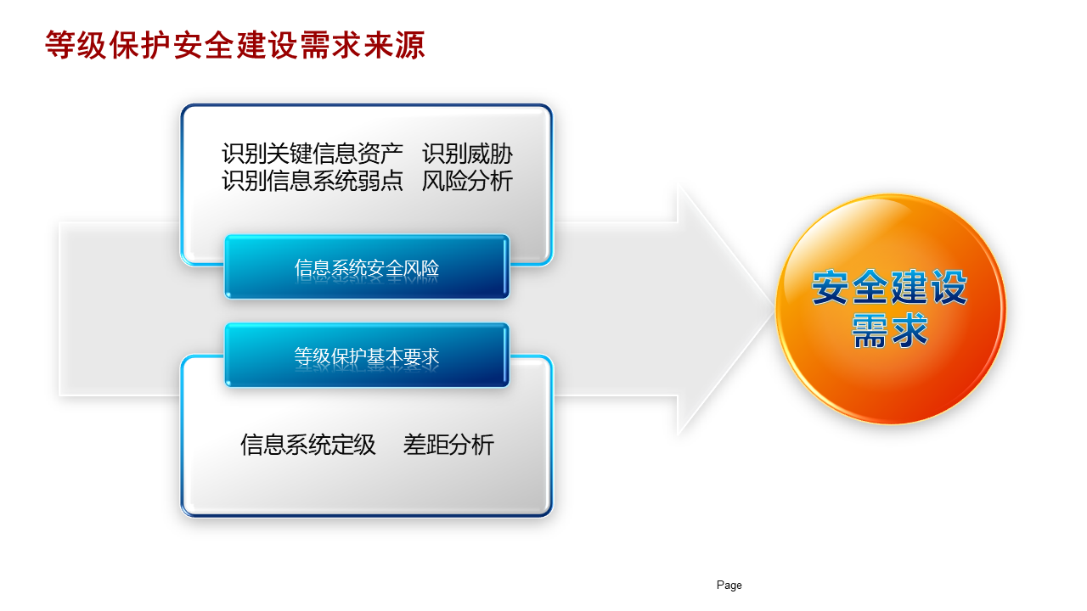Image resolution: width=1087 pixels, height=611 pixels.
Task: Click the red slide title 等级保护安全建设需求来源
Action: [x=235, y=45]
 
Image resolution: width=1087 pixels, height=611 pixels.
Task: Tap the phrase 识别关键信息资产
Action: [x=312, y=154]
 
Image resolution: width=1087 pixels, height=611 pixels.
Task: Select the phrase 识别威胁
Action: [x=467, y=154]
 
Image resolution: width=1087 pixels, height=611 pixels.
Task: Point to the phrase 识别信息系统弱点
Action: [x=312, y=181]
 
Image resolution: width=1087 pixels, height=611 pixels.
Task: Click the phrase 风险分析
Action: [x=467, y=181]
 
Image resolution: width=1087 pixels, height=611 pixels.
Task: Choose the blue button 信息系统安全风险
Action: [x=367, y=266]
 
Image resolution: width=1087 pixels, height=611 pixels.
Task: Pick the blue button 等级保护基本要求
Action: [x=367, y=355]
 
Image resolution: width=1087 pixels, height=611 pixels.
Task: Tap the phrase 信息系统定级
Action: [x=308, y=445]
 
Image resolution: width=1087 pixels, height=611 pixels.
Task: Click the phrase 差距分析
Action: [x=448, y=445]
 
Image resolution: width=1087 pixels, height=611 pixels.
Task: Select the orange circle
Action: [x=891, y=310]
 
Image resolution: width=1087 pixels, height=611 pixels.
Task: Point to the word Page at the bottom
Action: [x=729, y=586]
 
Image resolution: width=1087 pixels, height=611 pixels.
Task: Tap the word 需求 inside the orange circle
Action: [x=890, y=331]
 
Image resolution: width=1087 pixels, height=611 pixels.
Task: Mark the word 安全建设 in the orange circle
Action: [x=890, y=288]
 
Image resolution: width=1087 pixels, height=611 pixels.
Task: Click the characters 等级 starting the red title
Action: [x=76, y=45]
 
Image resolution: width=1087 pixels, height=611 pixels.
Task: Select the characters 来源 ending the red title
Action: [x=395, y=45]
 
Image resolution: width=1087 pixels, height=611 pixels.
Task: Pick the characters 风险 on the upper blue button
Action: [x=420, y=267]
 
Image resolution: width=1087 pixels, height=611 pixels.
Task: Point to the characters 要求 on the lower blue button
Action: [x=420, y=356]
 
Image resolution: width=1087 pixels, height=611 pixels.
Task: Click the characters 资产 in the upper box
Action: [x=380, y=154]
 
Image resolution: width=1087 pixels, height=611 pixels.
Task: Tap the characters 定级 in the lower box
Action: [x=353, y=445]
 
